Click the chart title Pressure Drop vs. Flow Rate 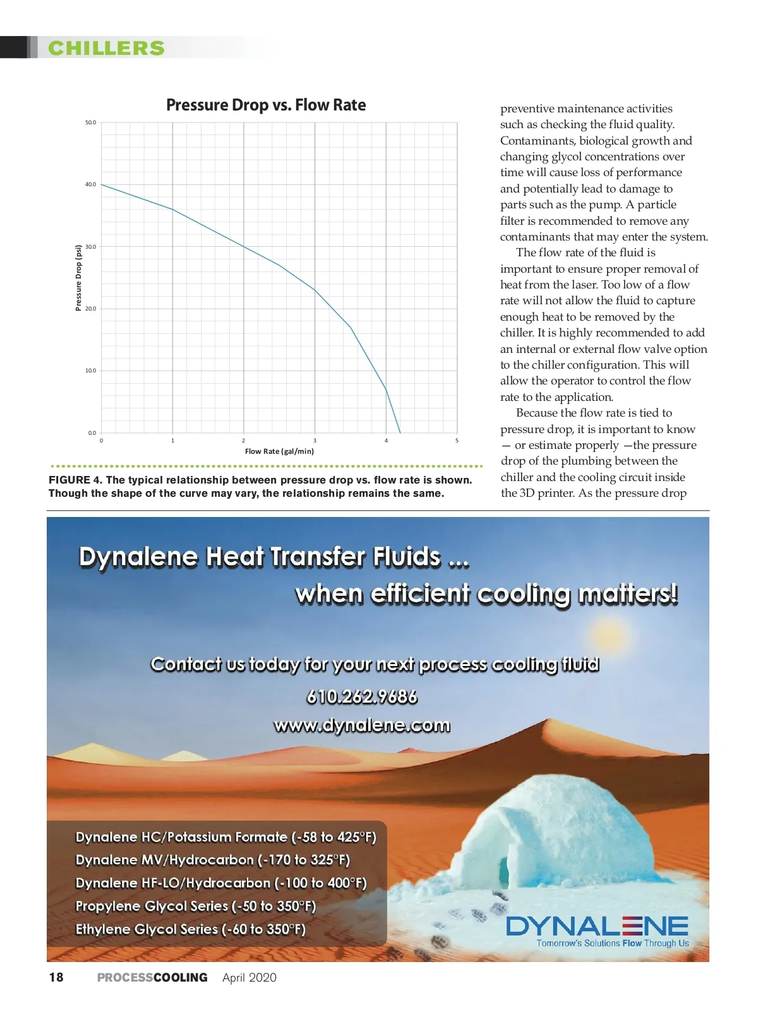(266, 105)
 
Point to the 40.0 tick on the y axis (90, 184)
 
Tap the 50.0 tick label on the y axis (90, 122)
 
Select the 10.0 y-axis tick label (90, 371)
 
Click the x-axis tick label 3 (315, 441)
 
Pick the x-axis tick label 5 (457, 441)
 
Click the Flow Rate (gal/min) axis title (279, 451)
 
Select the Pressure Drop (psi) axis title (79, 278)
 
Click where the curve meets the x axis (400, 432)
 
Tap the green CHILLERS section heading (106, 48)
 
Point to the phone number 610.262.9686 (362, 697)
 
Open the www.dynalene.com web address (362, 725)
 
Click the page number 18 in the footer (56, 977)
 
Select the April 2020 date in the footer (250, 977)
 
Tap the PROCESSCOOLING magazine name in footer (152, 977)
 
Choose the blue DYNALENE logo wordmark (597, 926)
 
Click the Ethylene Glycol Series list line (190, 929)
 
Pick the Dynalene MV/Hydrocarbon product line (212, 860)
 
